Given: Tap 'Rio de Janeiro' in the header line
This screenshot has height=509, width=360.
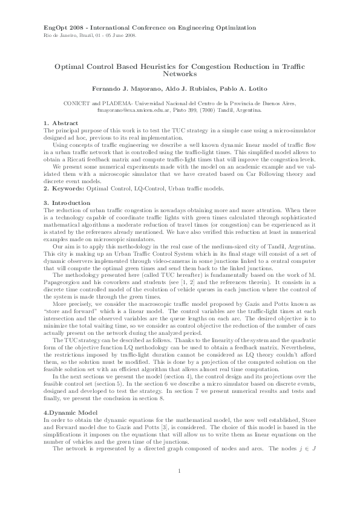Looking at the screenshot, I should tap(61, 35).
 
